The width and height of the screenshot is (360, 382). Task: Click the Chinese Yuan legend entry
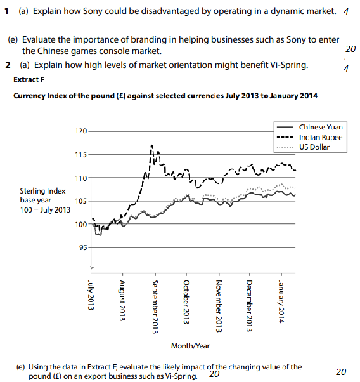click(321, 127)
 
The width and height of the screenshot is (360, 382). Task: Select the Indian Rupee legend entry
click(321, 137)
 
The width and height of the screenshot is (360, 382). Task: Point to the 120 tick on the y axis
click(80, 131)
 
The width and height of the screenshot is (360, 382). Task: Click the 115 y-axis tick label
click(80, 154)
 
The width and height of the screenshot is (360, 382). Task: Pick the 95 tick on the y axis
click(82, 247)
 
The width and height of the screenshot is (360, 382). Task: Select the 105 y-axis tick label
click(80, 201)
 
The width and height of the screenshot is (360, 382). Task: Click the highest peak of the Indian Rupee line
click(151, 145)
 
